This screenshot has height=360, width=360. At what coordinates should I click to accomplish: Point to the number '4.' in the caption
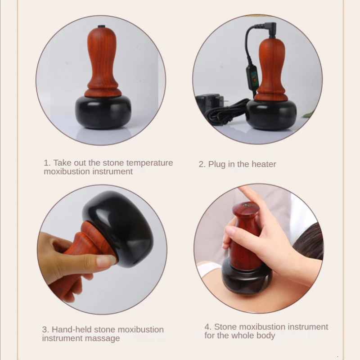208,327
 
